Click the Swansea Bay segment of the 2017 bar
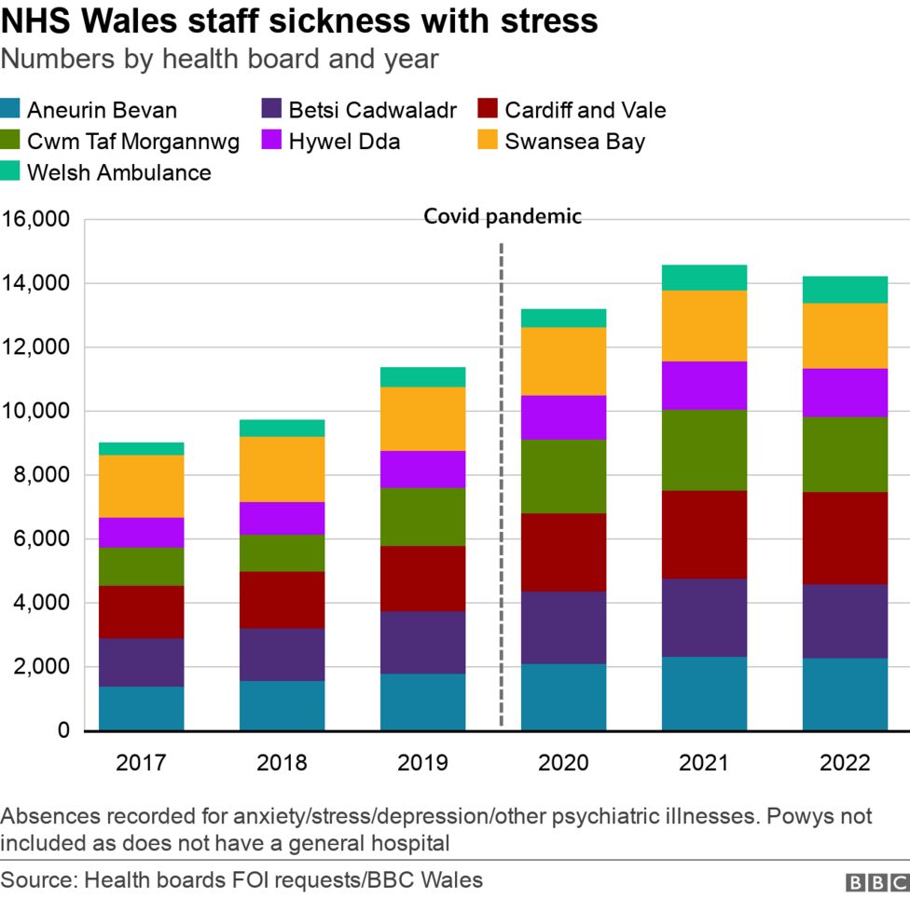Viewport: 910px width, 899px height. (x=141, y=486)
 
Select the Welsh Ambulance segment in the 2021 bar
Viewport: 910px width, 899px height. (x=704, y=278)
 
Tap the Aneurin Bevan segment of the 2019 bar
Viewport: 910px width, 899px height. (x=422, y=701)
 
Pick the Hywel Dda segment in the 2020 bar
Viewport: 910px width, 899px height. (x=563, y=417)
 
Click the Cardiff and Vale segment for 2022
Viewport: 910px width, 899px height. (x=845, y=538)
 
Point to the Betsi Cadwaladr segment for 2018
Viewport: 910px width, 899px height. (x=282, y=654)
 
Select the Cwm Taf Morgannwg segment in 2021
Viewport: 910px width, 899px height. (x=704, y=450)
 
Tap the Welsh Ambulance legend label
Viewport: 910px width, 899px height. (x=119, y=172)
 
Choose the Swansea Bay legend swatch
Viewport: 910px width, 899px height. (x=488, y=142)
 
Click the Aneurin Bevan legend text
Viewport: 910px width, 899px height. (x=102, y=110)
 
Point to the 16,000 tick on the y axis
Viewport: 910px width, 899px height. (x=36, y=220)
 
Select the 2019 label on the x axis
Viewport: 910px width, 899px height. (x=422, y=763)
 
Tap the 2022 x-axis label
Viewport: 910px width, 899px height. (x=845, y=763)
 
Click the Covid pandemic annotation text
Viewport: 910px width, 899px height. (x=503, y=217)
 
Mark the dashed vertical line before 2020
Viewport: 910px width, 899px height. (x=502, y=484)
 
